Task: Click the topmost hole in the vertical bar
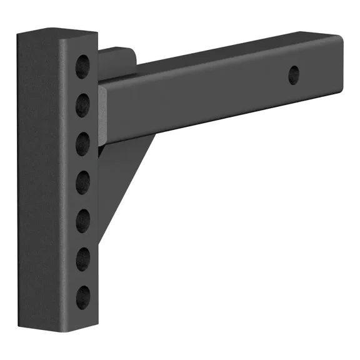pyautogui.click(x=82, y=66)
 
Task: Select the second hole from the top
pyautogui.click(x=82, y=105)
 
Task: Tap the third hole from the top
pyautogui.click(x=82, y=144)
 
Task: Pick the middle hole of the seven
pyautogui.click(x=82, y=182)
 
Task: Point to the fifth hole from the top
pyautogui.click(x=82, y=221)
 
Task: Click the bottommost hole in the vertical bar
pyautogui.click(x=82, y=298)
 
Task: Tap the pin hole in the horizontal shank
pyautogui.click(x=293, y=76)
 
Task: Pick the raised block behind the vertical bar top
pyautogui.click(x=119, y=62)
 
